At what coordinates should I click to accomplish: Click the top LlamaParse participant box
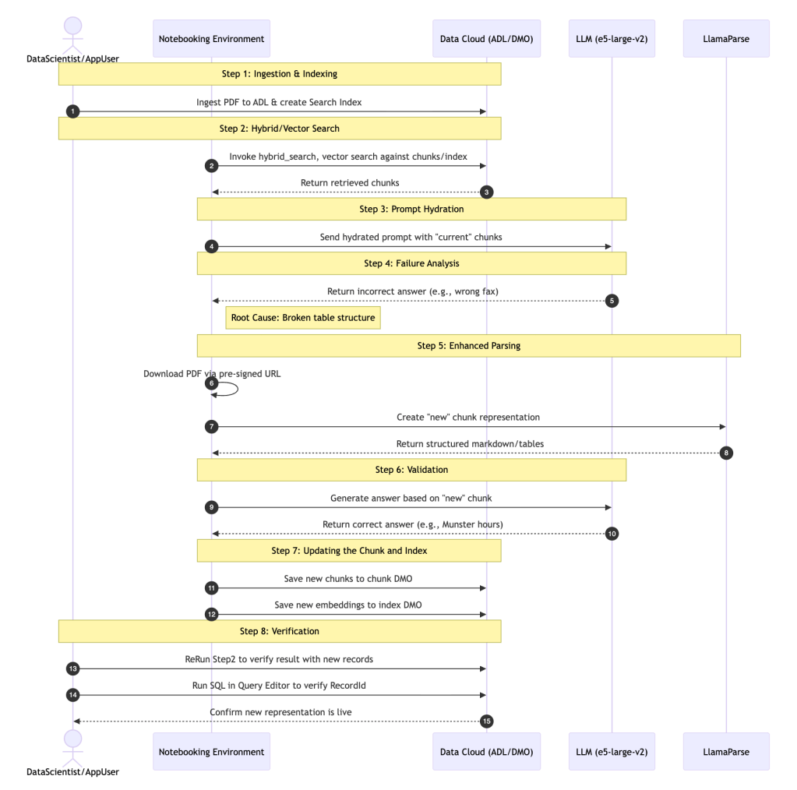coord(726,38)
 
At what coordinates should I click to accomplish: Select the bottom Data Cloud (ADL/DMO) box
coord(486,751)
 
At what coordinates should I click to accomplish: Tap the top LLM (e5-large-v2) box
coord(612,38)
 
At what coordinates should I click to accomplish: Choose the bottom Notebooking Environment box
coord(211,751)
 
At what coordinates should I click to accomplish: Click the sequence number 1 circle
coord(73,111)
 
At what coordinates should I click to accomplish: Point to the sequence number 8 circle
coord(726,453)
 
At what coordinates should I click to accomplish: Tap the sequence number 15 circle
coord(487,721)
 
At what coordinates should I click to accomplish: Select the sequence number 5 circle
coord(612,301)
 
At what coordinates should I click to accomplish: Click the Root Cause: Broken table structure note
coord(303,318)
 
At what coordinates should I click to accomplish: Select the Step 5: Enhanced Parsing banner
coord(468,345)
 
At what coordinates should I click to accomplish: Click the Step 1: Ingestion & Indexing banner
coord(280,74)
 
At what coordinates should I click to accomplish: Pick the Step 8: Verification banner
coord(280,630)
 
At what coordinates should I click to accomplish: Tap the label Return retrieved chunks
coord(350,183)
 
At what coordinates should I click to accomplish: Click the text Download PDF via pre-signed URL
coord(212,373)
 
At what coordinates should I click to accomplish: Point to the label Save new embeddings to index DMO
coord(348,605)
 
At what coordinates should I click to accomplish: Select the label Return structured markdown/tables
coord(470,443)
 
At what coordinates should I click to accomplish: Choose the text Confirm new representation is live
coord(280,712)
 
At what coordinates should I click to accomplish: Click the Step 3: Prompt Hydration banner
coord(411,209)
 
